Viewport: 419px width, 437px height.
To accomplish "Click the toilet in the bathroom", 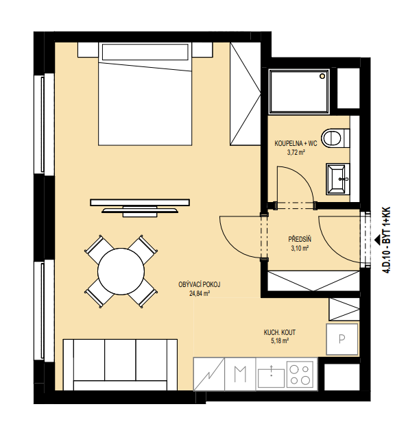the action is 335,138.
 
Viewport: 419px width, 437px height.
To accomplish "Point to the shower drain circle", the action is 323,76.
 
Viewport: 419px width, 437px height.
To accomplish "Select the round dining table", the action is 121,271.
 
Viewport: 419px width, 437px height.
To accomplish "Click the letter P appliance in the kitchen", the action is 342,339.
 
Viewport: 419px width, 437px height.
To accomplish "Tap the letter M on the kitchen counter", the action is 240,374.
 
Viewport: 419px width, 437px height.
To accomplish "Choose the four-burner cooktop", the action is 301,374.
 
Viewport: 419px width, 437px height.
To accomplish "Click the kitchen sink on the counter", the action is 271,377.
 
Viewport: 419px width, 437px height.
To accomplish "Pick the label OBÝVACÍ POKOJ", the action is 200,284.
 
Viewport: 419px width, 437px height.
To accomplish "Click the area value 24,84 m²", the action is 200,293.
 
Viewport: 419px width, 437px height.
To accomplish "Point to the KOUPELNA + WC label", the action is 296,144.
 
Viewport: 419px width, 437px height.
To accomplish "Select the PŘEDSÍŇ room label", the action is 300,239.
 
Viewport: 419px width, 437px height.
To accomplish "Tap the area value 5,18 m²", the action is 280,341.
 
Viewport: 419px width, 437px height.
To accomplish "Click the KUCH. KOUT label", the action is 280,332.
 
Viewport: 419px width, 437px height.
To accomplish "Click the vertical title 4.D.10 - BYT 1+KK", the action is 387,240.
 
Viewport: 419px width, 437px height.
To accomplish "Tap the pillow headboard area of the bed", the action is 145,52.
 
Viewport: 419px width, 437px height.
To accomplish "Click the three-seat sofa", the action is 120,364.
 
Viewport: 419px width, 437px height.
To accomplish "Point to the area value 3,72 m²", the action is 296,153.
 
